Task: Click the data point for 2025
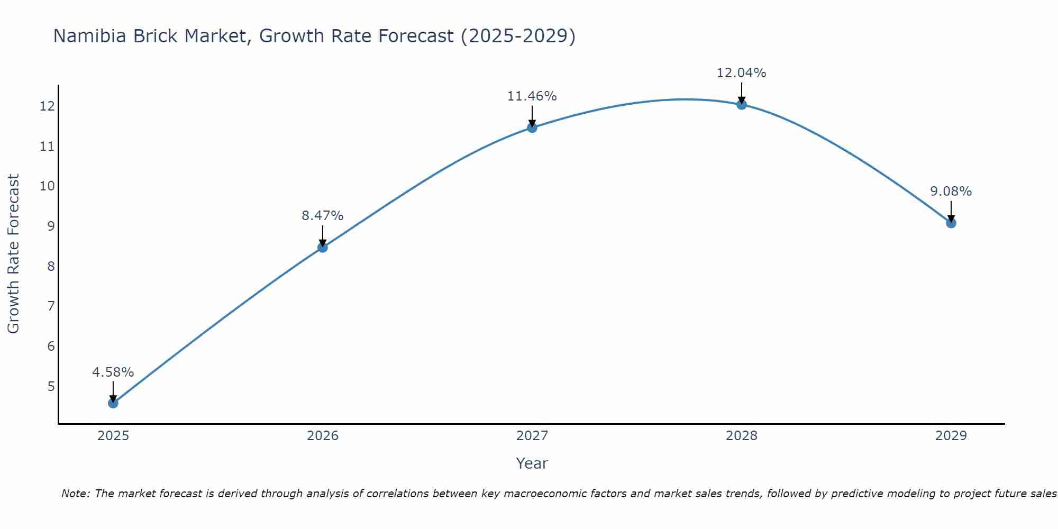click(113, 403)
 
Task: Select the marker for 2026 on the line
click(323, 247)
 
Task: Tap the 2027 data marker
click(532, 127)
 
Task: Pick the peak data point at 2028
click(742, 104)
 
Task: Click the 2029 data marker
click(951, 223)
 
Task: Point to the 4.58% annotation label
click(113, 372)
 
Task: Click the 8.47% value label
click(323, 216)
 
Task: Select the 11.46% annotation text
click(532, 96)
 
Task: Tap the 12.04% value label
click(742, 73)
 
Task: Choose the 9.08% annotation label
click(951, 191)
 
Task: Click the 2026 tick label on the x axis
click(323, 436)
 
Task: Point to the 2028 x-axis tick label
click(742, 436)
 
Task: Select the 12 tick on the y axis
click(47, 106)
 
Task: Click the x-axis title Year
click(532, 463)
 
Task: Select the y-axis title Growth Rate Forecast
click(14, 254)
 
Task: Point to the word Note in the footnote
click(75, 494)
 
